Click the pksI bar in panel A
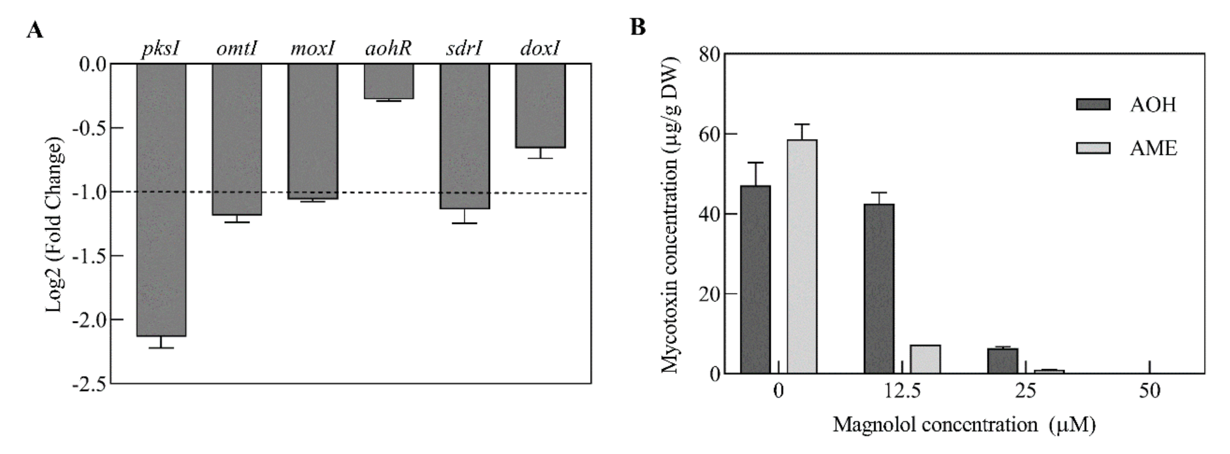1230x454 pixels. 161,200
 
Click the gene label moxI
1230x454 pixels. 313,49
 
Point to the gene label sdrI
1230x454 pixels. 464,49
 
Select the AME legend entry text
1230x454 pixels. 1153,148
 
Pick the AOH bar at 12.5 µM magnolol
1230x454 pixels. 879,289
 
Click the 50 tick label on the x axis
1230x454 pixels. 1149,391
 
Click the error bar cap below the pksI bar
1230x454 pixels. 161,348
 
